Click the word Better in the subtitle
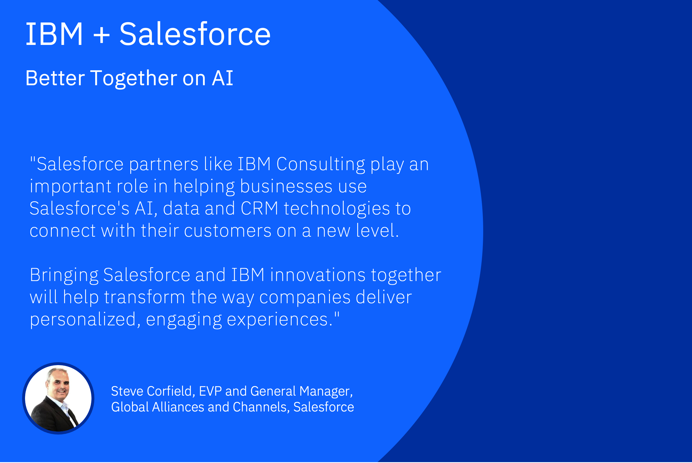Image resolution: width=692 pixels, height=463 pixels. (x=55, y=78)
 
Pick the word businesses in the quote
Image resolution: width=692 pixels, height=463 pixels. (x=286, y=187)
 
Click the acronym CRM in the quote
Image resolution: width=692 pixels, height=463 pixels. (x=259, y=208)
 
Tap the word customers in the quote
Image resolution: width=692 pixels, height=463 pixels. (x=228, y=231)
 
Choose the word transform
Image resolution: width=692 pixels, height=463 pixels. (x=145, y=297)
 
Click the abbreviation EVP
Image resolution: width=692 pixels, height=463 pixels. (x=210, y=391)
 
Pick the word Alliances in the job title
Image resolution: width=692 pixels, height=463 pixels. (x=178, y=407)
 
